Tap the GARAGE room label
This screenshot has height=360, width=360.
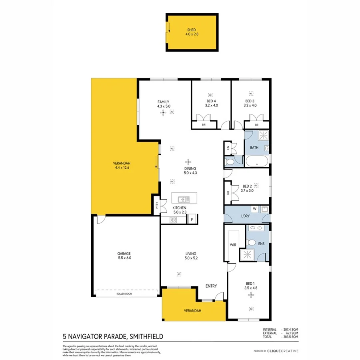(x=124, y=253)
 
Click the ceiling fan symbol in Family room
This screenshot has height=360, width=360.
(x=163, y=113)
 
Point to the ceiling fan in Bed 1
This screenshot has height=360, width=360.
(x=251, y=295)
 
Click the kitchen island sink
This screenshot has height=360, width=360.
(x=184, y=198)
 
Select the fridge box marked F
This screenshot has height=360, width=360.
(x=192, y=219)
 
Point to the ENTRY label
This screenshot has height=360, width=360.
(x=211, y=286)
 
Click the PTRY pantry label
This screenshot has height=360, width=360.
(x=157, y=206)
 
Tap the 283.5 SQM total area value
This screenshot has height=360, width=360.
(x=290, y=337)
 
